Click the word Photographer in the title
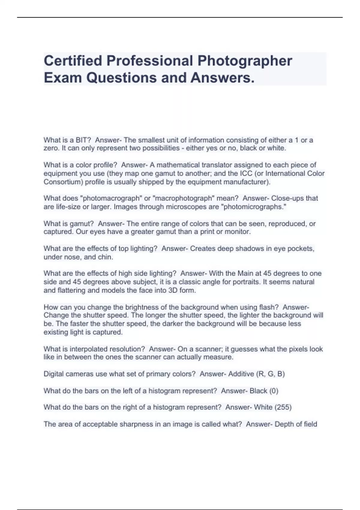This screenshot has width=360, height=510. coord(244,61)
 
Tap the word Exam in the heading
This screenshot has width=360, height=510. coord(63,78)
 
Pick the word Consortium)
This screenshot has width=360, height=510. coord(63,182)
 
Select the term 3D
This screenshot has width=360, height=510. coord(172,290)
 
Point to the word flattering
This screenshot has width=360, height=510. coord(71,290)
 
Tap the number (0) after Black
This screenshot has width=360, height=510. coord(274,391)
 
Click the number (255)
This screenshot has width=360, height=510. coord(283,407)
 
